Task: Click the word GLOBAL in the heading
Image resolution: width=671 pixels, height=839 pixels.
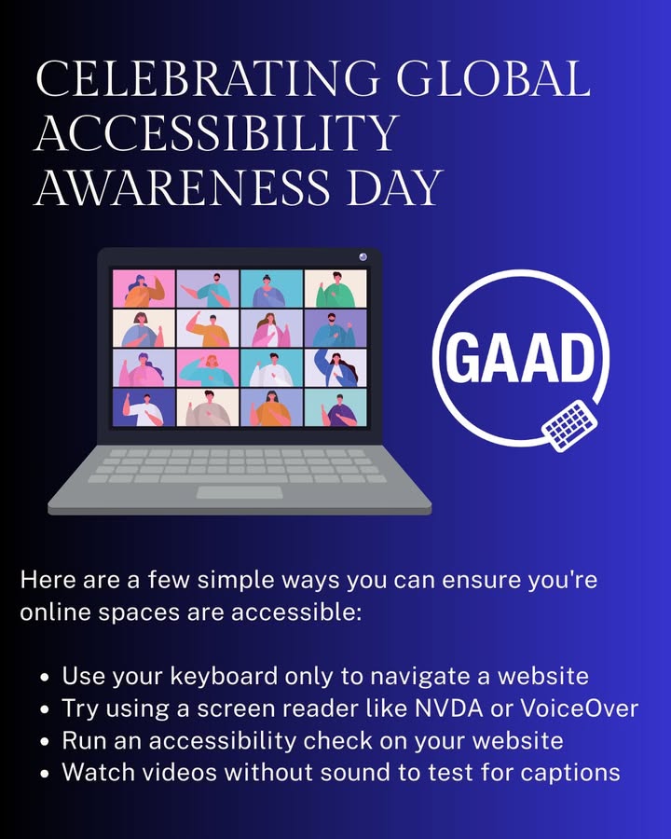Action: (494, 78)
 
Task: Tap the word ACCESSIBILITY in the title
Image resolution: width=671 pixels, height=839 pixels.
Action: (217, 132)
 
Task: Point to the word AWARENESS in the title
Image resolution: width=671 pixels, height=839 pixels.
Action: (183, 187)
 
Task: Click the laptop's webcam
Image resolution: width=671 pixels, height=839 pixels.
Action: (363, 257)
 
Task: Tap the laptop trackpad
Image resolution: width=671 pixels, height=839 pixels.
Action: (240, 492)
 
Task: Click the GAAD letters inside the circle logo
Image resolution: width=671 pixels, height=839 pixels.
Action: (520, 357)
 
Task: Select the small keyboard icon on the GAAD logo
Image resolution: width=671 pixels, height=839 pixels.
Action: (568, 425)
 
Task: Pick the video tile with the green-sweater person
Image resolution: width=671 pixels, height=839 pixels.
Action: (335, 289)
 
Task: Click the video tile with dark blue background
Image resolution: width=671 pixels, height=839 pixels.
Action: (144, 407)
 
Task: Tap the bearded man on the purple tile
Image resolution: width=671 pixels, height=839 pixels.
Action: (335, 328)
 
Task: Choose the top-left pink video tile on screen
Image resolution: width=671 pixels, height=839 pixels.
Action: (144, 289)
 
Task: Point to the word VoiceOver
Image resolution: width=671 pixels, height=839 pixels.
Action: (580, 708)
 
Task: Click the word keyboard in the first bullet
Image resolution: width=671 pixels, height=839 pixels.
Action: (225, 677)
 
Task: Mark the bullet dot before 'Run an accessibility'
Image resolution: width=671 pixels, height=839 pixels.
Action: (45, 742)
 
